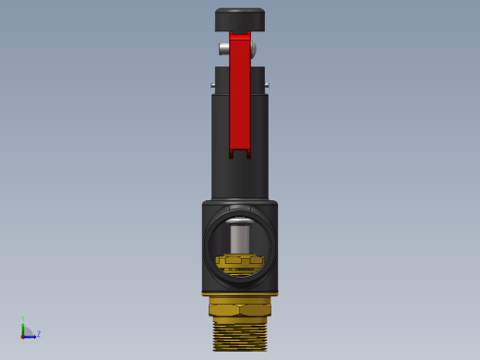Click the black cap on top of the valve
click(240, 19)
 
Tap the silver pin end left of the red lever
click(224, 49)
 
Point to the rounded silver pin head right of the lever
click(253, 49)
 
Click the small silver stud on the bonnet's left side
click(212, 85)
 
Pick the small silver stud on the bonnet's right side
click(267, 85)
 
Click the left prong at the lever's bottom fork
click(231, 154)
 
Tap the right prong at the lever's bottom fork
click(248, 154)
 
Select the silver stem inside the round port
click(240, 239)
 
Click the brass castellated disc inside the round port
click(240, 261)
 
